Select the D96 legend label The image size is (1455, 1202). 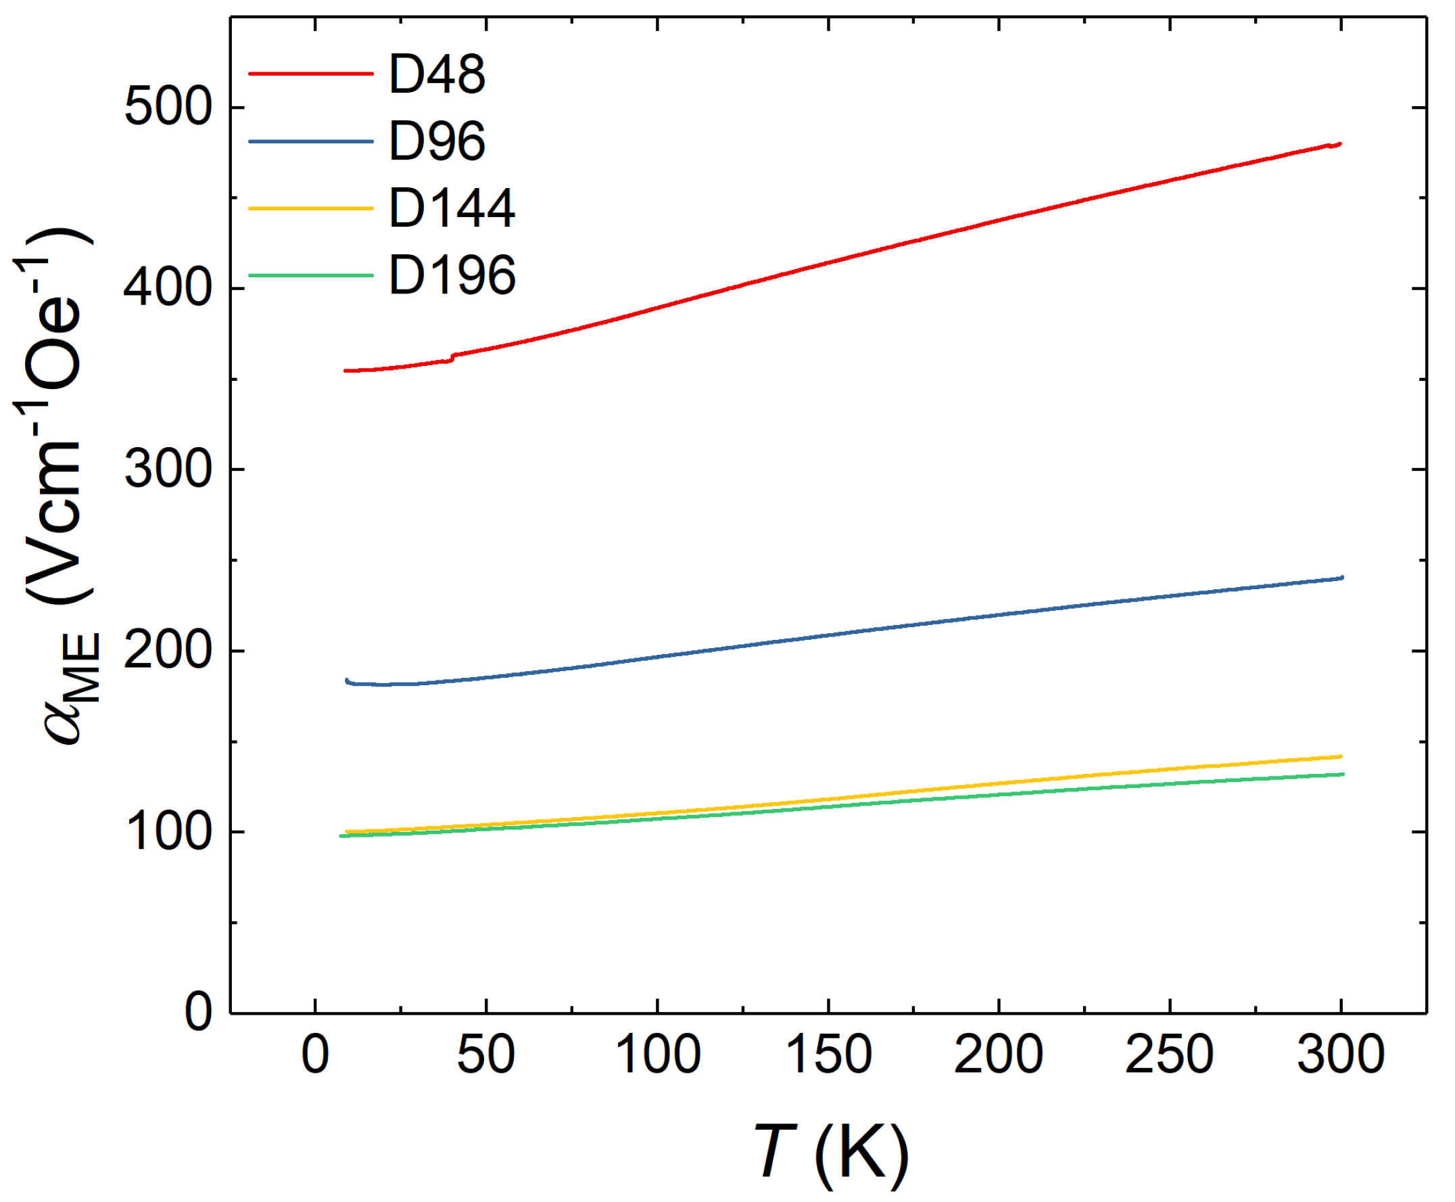coord(437,141)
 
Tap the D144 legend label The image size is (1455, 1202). coord(452,208)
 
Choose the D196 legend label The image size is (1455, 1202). coord(452,275)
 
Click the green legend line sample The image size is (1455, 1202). coord(311,275)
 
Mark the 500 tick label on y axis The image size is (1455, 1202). coord(167,108)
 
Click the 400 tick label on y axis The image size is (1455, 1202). coord(167,289)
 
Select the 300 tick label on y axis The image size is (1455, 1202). coord(167,469)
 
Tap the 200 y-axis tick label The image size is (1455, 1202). coord(167,651)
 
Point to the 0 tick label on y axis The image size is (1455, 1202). coord(197,1013)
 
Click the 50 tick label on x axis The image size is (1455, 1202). coord(486,1055)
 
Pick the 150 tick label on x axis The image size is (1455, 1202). coord(828,1055)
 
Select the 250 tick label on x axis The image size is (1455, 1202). coord(1170,1055)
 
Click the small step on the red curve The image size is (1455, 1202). coord(452,357)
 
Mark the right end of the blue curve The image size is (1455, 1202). coord(1341,578)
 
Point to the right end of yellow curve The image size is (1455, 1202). coord(1341,757)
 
